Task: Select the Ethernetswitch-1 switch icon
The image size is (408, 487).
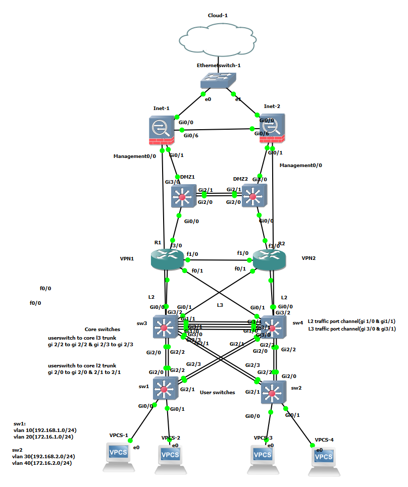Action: click(218, 81)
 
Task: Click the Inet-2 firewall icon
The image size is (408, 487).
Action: click(270, 129)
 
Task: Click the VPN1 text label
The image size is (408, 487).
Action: click(127, 257)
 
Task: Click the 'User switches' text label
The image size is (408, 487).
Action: click(217, 392)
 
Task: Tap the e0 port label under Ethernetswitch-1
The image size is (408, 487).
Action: click(208, 99)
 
